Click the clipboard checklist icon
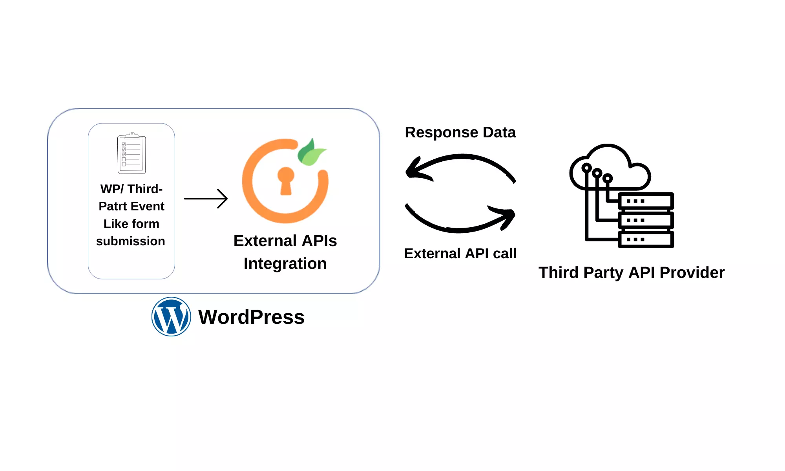click(x=131, y=153)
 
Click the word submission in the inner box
click(x=131, y=241)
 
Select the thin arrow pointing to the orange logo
click(x=206, y=199)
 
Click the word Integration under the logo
click(x=285, y=264)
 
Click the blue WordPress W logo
click(x=171, y=316)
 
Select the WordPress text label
click(x=251, y=317)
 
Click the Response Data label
click(x=460, y=133)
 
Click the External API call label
click(x=460, y=254)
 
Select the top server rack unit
click(x=646, y=201)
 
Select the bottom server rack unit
click(x=646, y=239)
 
